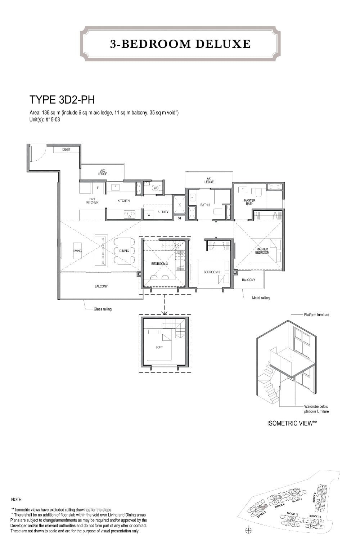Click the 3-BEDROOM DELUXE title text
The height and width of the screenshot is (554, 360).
[x=180, y=44]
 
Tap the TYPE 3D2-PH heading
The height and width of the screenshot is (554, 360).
[x=62, y=99]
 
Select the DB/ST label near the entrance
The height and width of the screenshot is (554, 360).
[x=66, y=149]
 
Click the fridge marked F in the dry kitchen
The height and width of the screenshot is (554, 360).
[x=98, y=188]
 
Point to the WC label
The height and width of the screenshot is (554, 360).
[x=156, y=188]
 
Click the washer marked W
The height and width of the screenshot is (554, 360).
[x=148, y=215]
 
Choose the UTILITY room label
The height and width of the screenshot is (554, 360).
[x=163, y=212]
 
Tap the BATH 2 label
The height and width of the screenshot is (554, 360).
[x=205, y=205]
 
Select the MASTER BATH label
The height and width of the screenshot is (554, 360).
[x=249, y=202]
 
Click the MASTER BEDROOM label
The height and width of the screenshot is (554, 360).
[x=262, y=251]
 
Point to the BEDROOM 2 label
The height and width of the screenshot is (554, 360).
[x=212, y=272]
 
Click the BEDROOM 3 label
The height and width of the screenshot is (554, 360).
[x=159, y=264]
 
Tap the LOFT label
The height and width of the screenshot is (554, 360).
[x=159, y=347]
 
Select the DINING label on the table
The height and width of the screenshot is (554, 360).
[x=124, y=251]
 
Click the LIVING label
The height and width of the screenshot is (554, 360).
[x=77, y=251]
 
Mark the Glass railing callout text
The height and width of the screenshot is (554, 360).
[x=103, y=309]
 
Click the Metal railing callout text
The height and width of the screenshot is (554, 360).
[x=261, y=298]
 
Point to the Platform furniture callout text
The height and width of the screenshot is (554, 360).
[x=316, y=315]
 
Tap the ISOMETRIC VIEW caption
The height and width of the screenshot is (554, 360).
[x=292, y=424]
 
